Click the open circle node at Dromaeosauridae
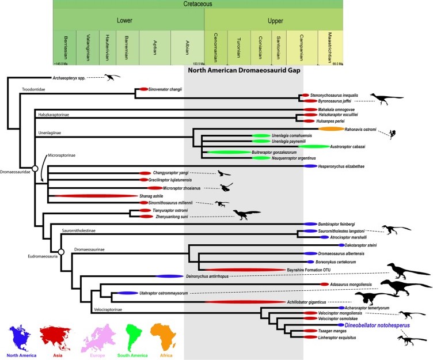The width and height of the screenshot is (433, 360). [35, 168]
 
